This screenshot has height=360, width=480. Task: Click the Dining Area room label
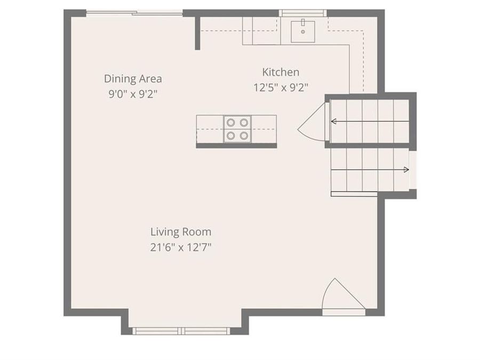133,79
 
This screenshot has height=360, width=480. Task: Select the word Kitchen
281,72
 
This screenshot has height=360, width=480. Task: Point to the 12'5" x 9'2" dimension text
281,87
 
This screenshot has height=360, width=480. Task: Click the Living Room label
181,232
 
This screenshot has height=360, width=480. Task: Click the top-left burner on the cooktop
231,122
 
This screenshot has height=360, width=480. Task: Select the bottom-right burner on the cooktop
244,135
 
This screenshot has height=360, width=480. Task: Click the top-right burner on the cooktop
244,122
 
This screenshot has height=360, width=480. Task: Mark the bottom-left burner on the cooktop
231,135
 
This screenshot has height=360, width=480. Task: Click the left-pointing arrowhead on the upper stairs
333,122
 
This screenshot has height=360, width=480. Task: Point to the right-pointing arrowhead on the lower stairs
406,170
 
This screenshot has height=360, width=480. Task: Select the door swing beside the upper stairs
313,122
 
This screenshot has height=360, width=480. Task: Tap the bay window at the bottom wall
181,331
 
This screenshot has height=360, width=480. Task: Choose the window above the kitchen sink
303,13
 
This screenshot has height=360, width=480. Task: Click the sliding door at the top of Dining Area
134,12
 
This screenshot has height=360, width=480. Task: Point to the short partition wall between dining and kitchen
197,32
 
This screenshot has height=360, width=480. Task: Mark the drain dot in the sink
303,32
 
